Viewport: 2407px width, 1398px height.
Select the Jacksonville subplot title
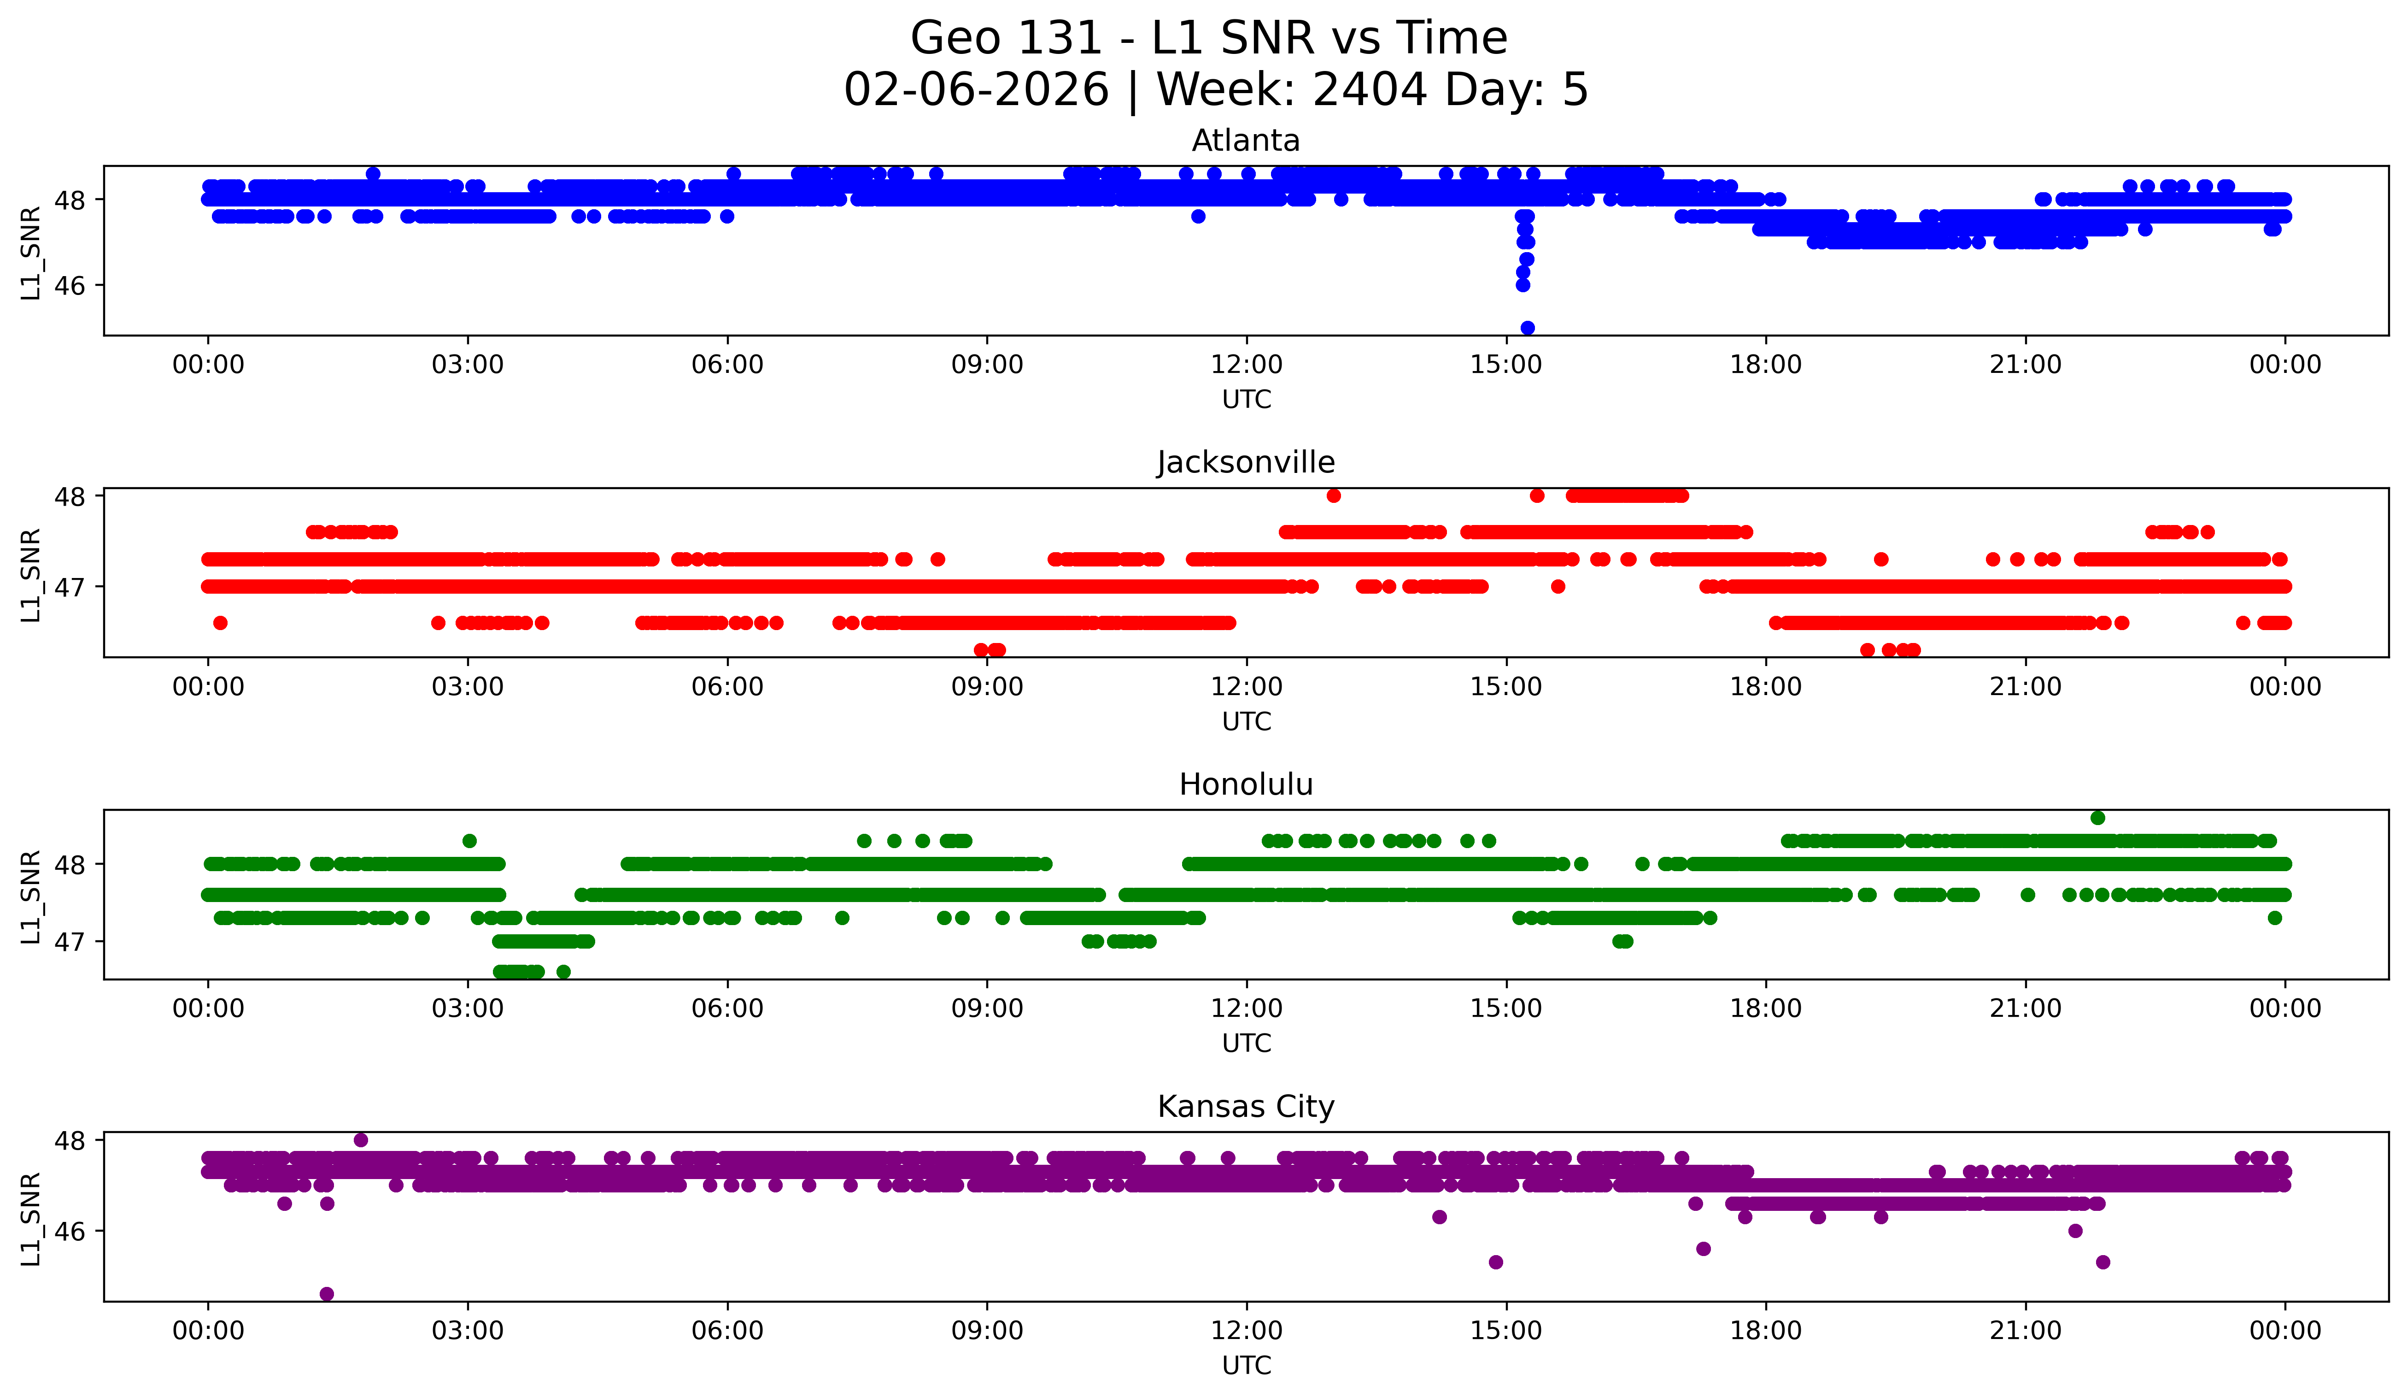pos(1246,462)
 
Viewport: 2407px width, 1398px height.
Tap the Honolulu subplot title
pos(1246,785)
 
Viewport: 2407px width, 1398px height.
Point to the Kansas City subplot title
pos(1246,1107)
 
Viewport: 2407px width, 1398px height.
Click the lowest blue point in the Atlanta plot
pos(1527,328)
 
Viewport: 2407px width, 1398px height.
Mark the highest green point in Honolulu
pos(2097,818)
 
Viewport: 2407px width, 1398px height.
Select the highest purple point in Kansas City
pos(360,1140)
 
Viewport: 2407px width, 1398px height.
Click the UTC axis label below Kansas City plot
pos(1246,1366)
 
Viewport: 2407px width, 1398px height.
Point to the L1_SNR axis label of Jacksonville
pos(30,575)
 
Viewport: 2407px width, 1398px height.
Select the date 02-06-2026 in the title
pos(976,90)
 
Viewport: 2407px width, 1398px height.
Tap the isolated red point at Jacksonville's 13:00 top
pos(1333,496)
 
